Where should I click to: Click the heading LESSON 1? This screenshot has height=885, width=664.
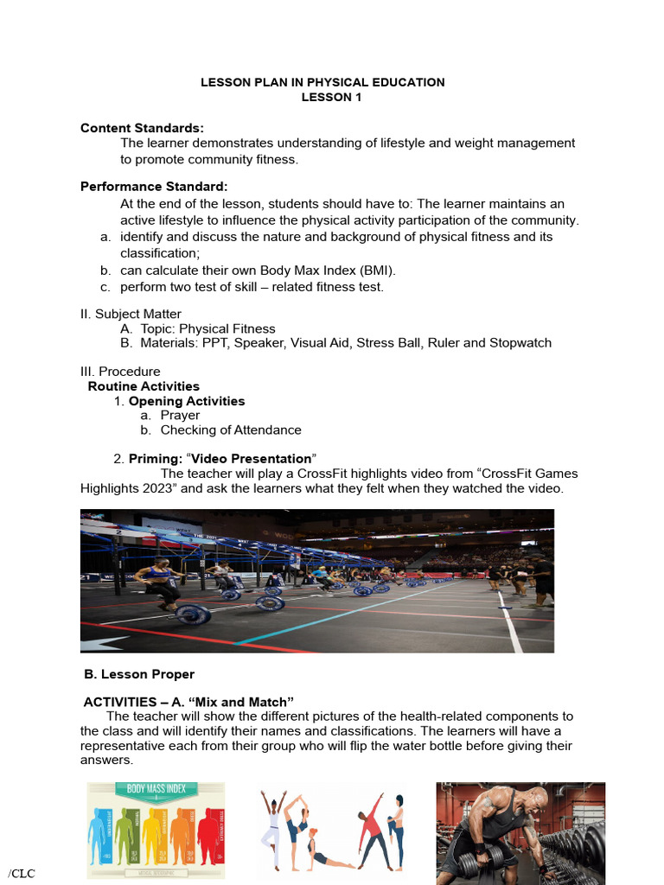coord(331,97)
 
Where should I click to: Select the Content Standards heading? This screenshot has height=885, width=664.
coord(142,128)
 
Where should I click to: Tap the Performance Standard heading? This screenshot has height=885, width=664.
coord(154,186)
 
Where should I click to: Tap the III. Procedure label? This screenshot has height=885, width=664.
coord(120,372)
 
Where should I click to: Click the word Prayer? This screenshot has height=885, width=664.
coord(180,415)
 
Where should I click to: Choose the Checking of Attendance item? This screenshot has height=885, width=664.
coord(231,430)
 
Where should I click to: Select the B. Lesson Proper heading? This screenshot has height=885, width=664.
coord(139,674)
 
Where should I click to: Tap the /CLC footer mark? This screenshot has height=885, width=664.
coord(21,873)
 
